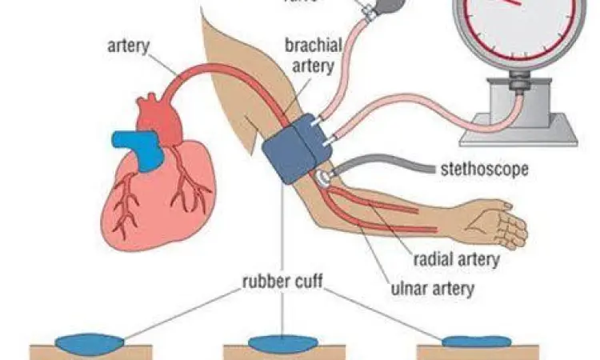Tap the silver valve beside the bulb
click(368, 11)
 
